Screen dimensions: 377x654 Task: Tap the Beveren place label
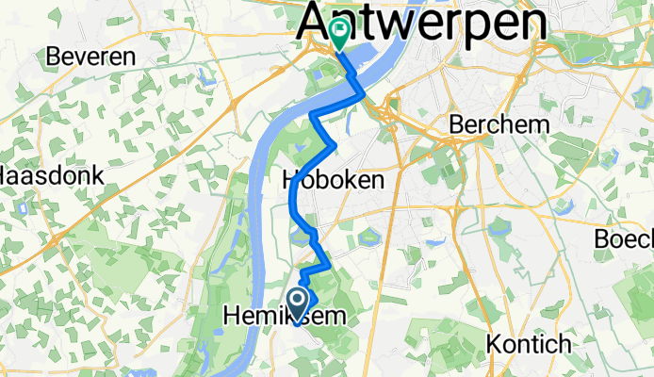pyautogui.click(x=91, y=56)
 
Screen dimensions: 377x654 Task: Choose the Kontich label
pyautogui.click(x=524, y=342)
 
